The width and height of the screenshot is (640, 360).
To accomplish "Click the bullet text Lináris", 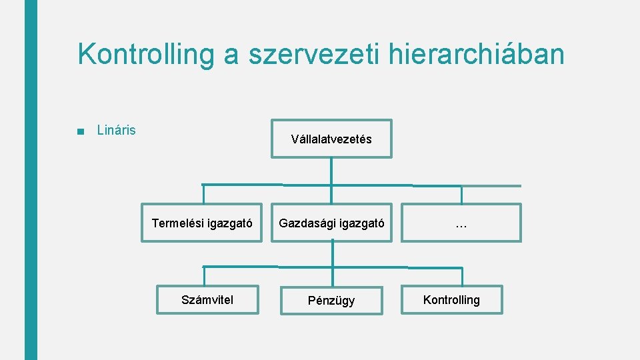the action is point(116,130).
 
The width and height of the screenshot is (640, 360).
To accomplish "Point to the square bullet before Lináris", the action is point(81,131).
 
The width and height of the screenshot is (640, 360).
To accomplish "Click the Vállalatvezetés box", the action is point(331,139).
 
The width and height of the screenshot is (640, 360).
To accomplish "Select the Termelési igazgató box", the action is point(201,223).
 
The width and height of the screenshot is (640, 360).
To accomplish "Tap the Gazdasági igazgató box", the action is point(331,223).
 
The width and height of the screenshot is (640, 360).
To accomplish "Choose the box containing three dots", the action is point(461,223).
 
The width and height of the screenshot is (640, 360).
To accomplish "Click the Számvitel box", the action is point(207,300).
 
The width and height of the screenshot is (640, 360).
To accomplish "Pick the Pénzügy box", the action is point(331,301).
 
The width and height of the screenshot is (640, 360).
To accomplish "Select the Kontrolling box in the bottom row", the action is point(451,300).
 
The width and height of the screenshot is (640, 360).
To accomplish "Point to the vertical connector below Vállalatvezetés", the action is point(331,171).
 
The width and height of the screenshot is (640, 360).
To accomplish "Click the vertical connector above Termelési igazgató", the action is point(203,194).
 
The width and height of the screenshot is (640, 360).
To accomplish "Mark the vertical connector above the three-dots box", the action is point(461,195).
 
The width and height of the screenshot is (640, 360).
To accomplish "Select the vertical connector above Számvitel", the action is point(203,276).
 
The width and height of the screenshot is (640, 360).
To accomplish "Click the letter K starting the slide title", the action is point(86,54).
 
